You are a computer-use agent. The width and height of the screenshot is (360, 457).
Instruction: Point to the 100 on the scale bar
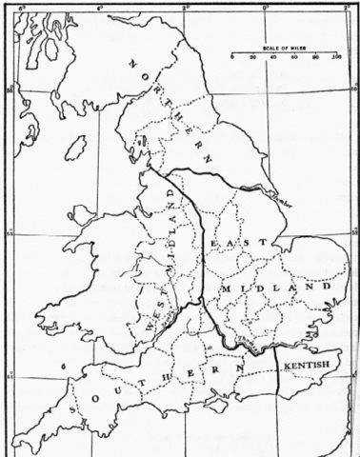337,58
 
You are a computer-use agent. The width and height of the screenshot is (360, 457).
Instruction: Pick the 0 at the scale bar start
232,58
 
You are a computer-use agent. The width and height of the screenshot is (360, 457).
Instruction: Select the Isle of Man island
75,148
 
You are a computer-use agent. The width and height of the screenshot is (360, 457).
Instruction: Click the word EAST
230,245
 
